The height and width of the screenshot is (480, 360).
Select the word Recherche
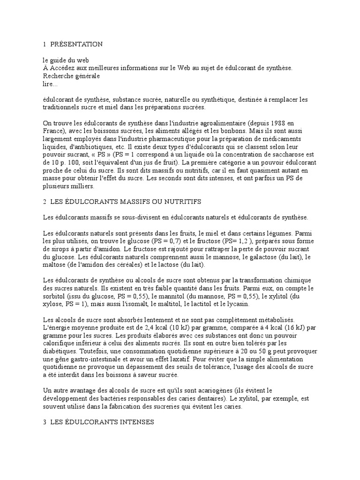click(57, 76)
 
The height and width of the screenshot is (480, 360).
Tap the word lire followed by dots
click(50, 84)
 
